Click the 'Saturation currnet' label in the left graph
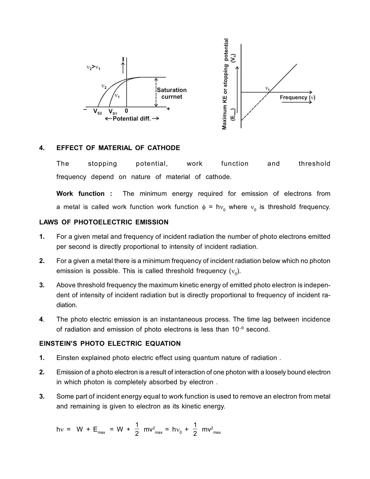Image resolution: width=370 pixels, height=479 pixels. click(x=172, y=93)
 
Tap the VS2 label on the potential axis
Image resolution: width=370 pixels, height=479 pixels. click(x=98, y=112)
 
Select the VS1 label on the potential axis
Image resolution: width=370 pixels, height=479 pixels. click(x=113, y=112)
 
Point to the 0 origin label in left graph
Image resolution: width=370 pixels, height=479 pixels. click(x=127, y=111)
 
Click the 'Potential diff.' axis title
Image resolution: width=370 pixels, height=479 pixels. click(x=132, y=119)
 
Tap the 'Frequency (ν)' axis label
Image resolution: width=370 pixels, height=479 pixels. click(x=297, y=98)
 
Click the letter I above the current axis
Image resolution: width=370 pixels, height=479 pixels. click(x=123, y=60)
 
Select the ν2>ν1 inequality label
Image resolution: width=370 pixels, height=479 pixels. click(x=93, y=68)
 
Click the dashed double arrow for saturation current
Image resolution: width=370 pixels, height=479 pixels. click(x=156, y=92)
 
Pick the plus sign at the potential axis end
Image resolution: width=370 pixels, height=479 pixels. click(x=168, y=109)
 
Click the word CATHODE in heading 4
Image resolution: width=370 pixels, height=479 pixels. click(x=164, y=148)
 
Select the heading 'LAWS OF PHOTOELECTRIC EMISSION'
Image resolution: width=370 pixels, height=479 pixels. click(x=104, y=222)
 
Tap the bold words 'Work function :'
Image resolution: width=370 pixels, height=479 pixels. click(x=84, y=194)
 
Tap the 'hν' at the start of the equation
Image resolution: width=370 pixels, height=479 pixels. click(x=60, y=430)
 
